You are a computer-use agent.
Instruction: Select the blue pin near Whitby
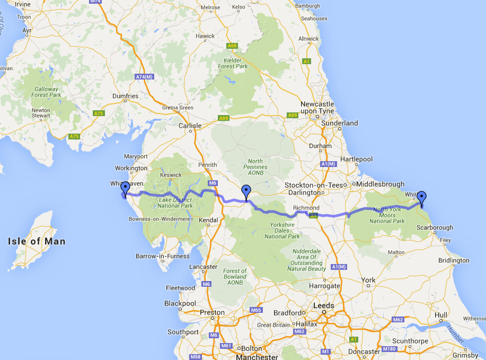point(422,198)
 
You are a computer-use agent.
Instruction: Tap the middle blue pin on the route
point(246,192)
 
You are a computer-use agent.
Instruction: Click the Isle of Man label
point(37,241)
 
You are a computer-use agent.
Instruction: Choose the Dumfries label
point(126,96)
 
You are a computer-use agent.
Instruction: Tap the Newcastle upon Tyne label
point(317,108)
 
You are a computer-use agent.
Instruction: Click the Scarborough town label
point(435,227)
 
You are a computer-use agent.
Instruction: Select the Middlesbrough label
point(381,184)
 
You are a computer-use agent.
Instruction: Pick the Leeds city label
point(324,305)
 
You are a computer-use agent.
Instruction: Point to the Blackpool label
point(180,303)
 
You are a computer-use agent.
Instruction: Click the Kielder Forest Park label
point(233,64)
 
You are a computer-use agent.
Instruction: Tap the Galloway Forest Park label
point(47,92)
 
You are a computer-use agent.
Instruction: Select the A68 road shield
point(232,46)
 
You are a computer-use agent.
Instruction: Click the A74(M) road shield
point(144,77)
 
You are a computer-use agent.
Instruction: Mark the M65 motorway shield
point(256,310)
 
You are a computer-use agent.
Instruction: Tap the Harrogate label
point(324,286)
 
